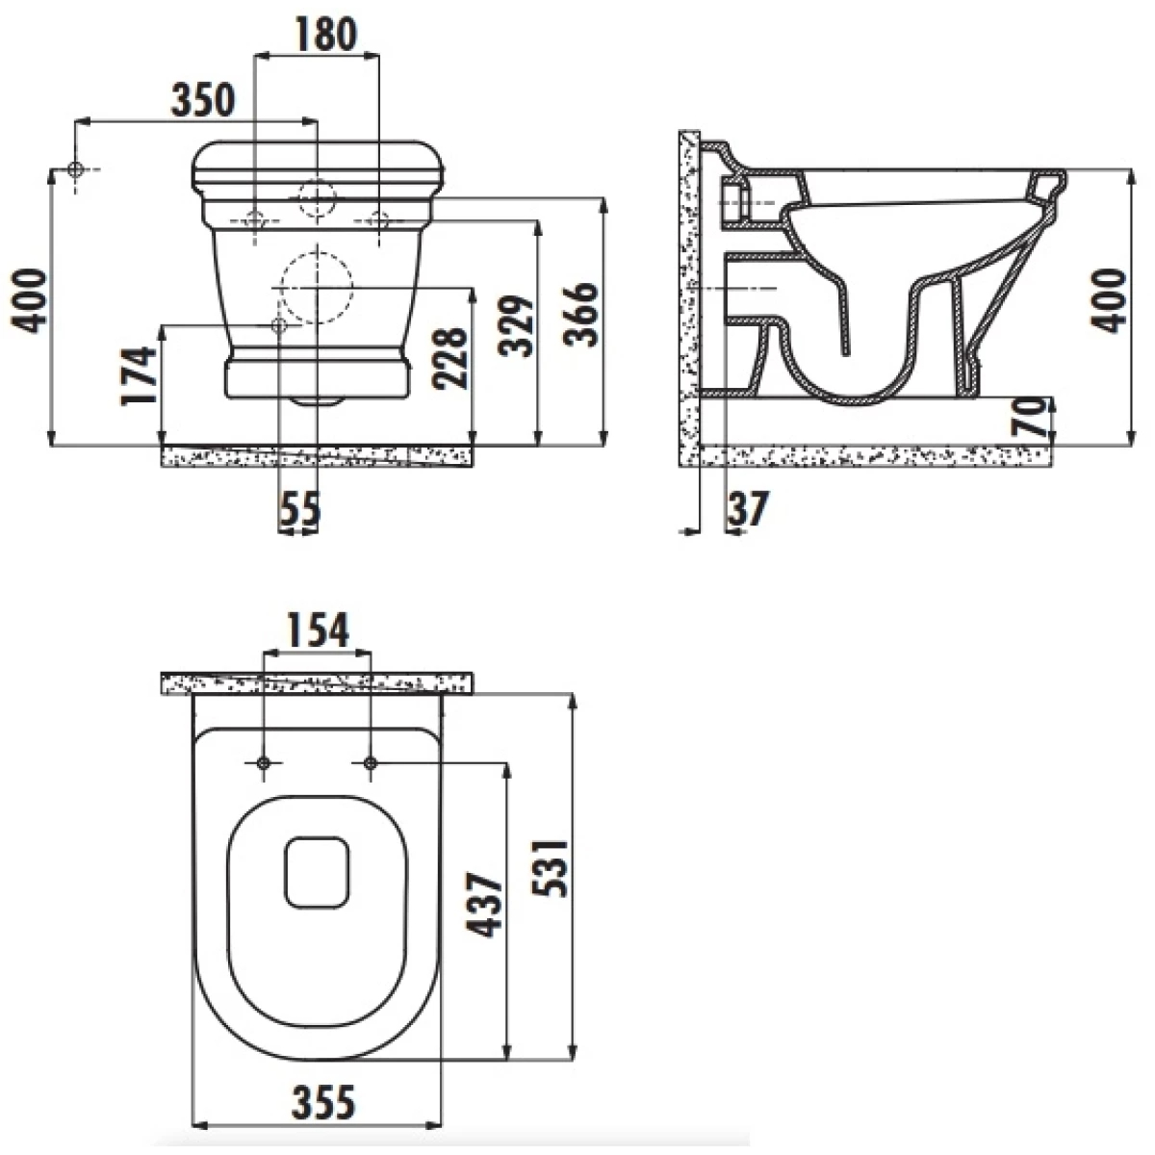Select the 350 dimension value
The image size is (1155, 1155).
(202, 99)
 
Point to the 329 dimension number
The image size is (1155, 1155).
(516, 325)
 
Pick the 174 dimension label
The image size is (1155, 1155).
(139, 375)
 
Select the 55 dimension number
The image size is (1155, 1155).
(299, 508)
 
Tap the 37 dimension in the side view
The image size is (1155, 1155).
(747, 508)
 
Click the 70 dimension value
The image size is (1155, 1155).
(1029, 418)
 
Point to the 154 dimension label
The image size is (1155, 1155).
(318, 630)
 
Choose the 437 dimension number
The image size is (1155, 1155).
(484, 906)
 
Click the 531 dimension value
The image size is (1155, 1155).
(550, 868)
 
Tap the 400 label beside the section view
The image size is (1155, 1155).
(1108, 301)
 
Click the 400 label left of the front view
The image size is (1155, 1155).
(28, 301)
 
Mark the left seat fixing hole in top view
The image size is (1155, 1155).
(264, 763)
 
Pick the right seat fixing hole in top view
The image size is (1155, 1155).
(371, 763)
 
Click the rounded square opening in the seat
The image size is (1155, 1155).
(317, 872)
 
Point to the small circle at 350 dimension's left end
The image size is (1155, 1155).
(75, 169)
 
